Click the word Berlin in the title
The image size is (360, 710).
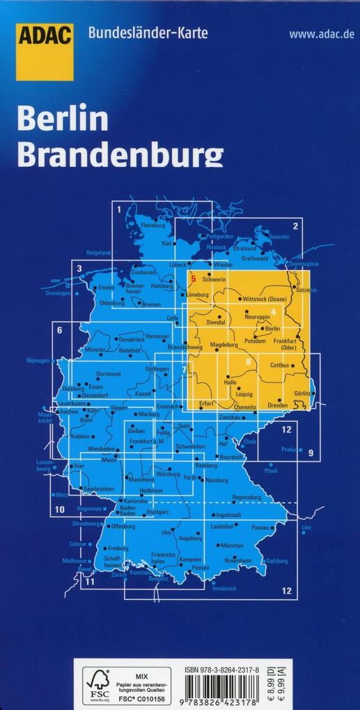pos(63,120)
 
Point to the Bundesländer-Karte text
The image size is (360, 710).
pos(148,33)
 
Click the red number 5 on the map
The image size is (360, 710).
pos(193,278)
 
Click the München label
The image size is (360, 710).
pos(232,546)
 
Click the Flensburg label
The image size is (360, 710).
pos(153,226)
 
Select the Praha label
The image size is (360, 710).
pos(289,450)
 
